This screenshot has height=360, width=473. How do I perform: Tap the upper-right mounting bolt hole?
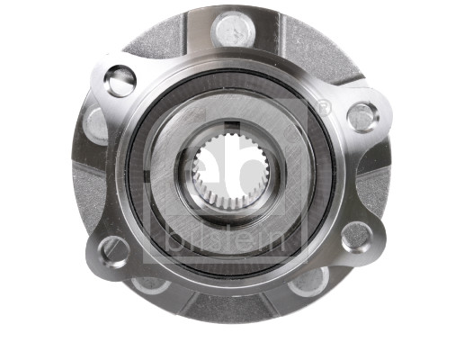[x=361, y=114]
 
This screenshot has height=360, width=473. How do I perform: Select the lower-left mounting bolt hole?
[x=114, y=249]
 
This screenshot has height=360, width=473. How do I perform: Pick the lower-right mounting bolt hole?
[x=356, y=236]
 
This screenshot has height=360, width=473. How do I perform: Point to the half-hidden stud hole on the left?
[x=95, y=121]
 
